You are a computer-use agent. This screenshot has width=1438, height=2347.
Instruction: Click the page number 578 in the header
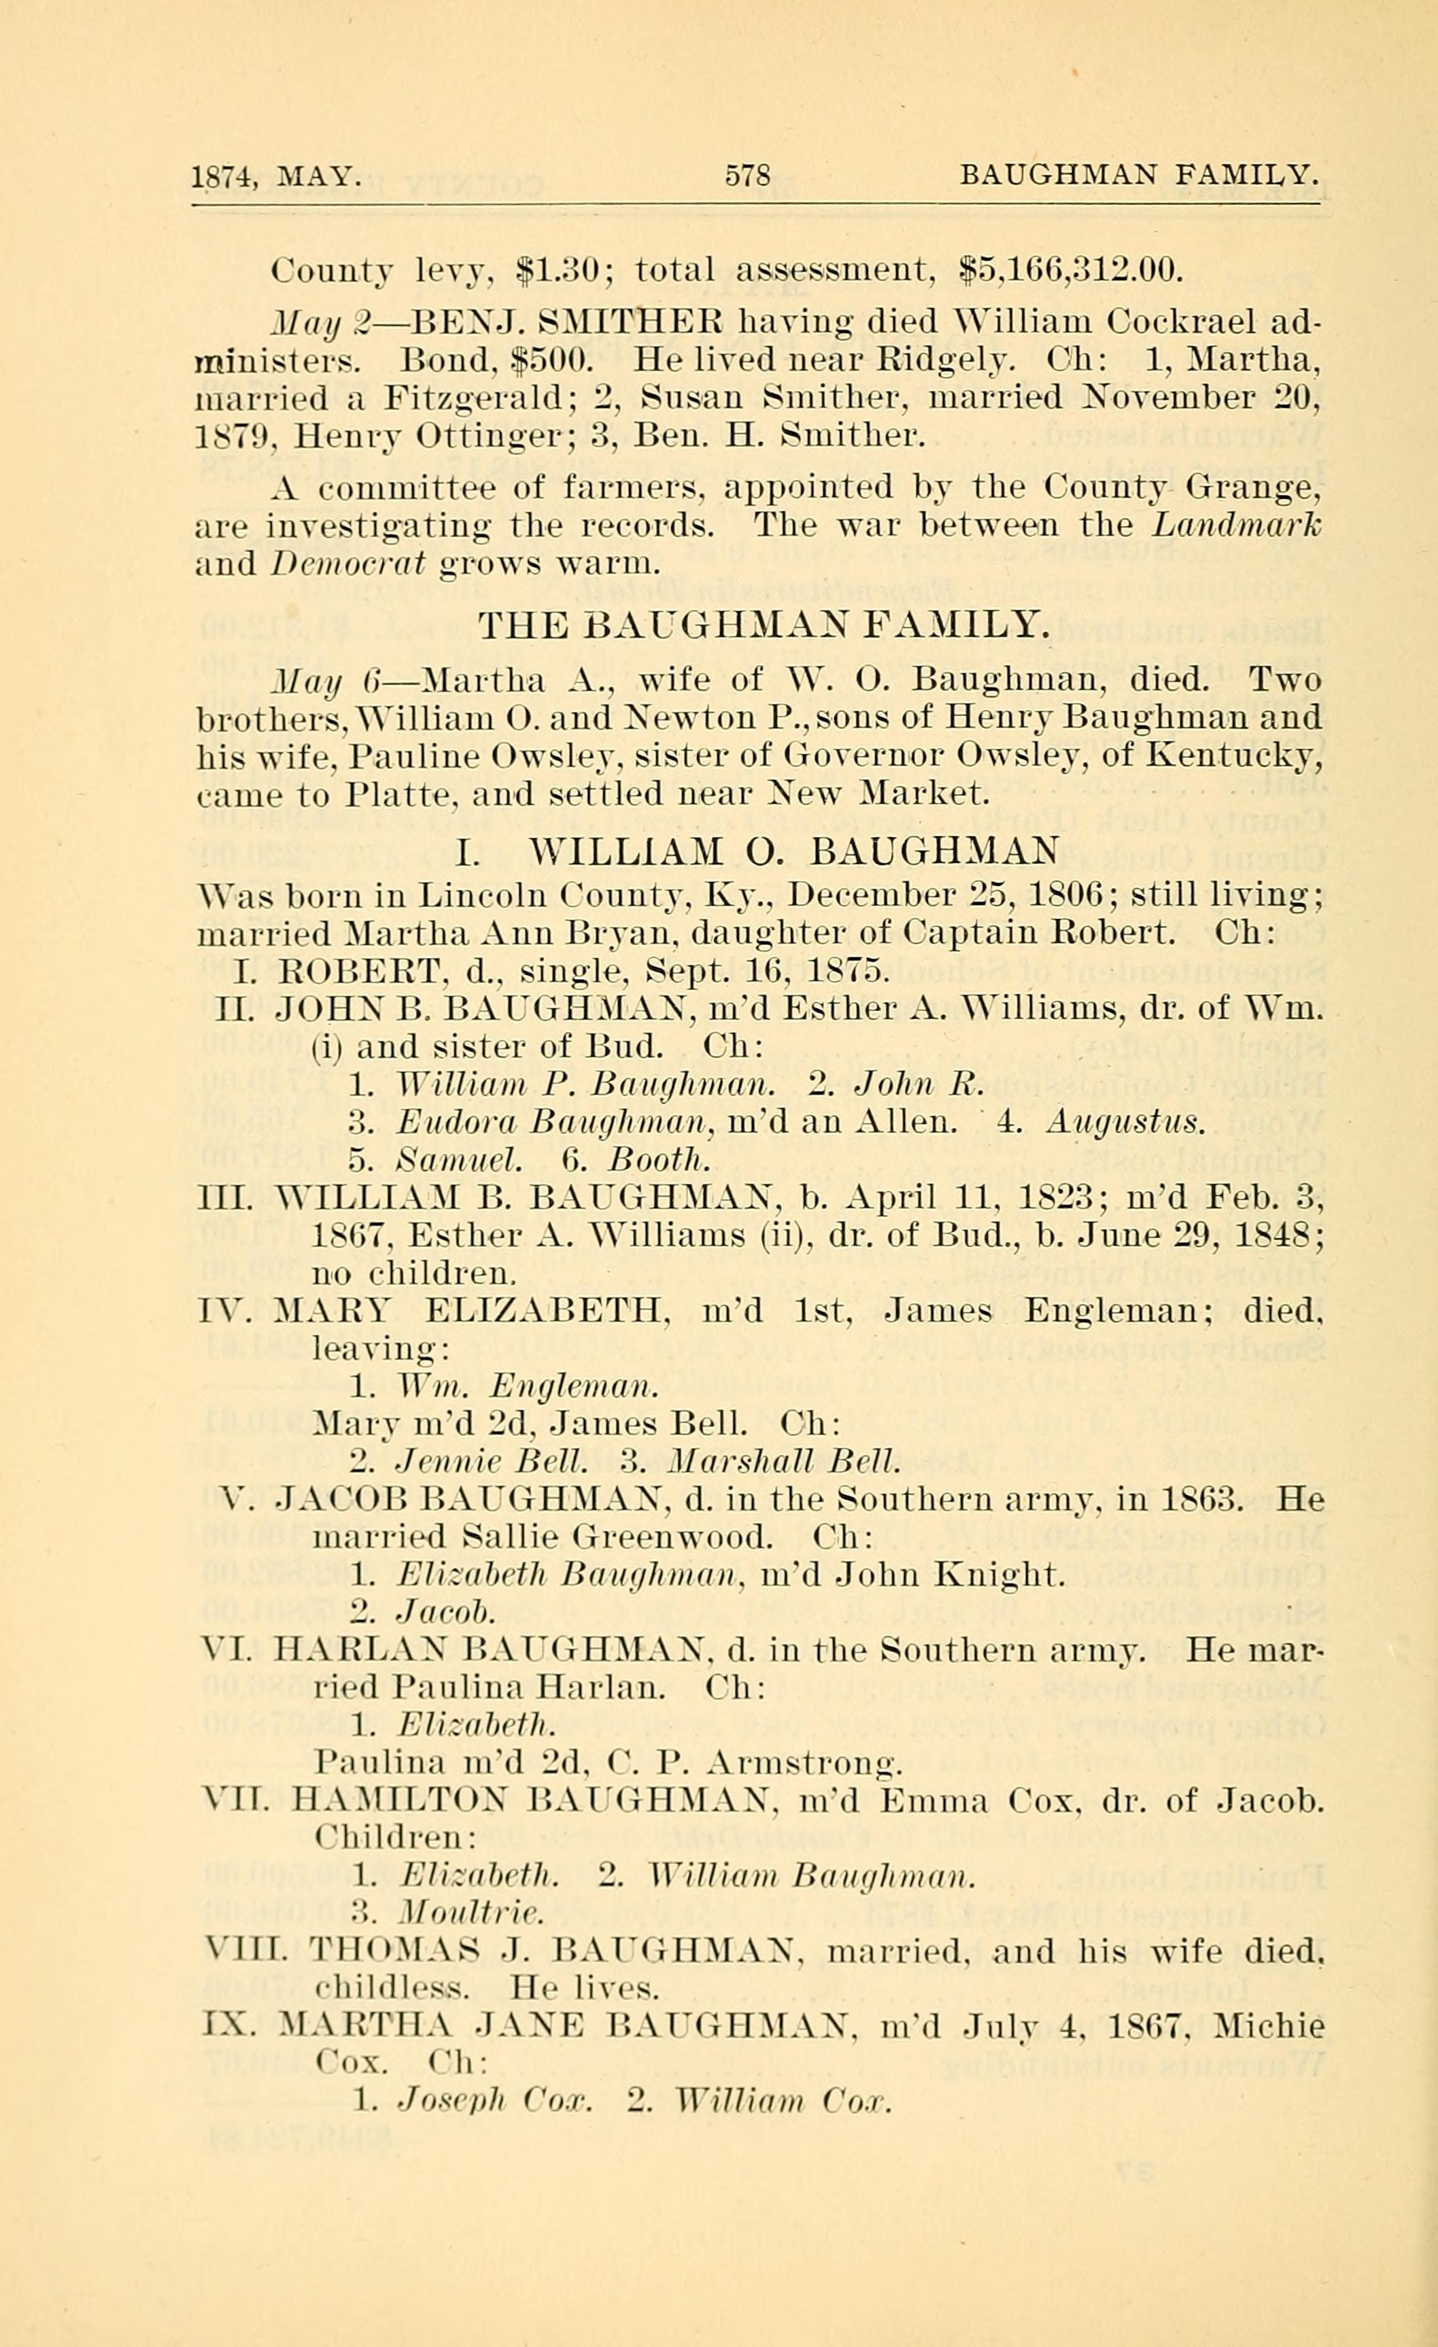click(x=748, y=176)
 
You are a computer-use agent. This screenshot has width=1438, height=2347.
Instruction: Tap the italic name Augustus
click(x=1125, y=1123)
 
